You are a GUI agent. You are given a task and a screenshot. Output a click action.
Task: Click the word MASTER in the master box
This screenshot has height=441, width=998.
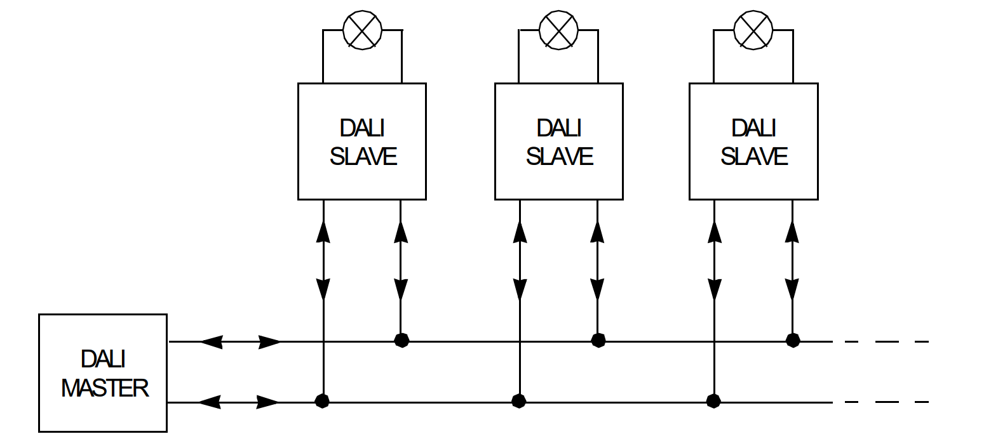point(105,388)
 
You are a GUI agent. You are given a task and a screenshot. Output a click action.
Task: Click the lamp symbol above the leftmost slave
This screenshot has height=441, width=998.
point(362,30)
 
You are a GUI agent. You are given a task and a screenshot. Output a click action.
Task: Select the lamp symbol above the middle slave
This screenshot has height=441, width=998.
point(558,30)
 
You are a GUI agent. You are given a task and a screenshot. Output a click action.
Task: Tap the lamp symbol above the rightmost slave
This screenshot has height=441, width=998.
point(753,30)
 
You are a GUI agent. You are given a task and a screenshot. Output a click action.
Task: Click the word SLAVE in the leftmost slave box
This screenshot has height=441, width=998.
point(363,156)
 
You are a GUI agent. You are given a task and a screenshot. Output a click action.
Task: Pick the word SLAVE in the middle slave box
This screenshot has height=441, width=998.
point(559,156)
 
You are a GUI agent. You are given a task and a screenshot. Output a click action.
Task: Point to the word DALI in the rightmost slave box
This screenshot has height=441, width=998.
point(753,128)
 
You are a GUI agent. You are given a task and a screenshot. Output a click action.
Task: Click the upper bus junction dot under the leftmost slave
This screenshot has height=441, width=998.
point(401,341)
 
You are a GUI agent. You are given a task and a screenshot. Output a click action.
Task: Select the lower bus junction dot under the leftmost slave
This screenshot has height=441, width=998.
point(323,401)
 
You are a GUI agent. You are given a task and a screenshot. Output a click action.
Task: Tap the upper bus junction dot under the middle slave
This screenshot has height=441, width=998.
point(598,341)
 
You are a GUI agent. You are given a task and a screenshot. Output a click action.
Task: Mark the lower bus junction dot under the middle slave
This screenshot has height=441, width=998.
point(519,401)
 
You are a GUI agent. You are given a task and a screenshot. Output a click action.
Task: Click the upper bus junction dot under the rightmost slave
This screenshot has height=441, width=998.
point(792,341)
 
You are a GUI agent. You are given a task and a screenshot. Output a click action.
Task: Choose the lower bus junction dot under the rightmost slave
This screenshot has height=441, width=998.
point(714,401)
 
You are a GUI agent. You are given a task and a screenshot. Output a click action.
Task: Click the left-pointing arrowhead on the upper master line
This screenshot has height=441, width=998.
point(211,342)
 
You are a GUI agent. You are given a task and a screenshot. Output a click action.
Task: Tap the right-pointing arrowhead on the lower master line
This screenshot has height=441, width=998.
point(267,402)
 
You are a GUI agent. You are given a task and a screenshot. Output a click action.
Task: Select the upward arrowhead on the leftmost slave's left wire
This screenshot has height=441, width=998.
point(323,232)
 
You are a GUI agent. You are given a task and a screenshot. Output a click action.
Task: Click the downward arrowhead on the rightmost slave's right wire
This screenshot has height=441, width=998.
point(792,289)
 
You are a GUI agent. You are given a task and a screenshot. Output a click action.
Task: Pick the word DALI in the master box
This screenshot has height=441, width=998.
point(103,359)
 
